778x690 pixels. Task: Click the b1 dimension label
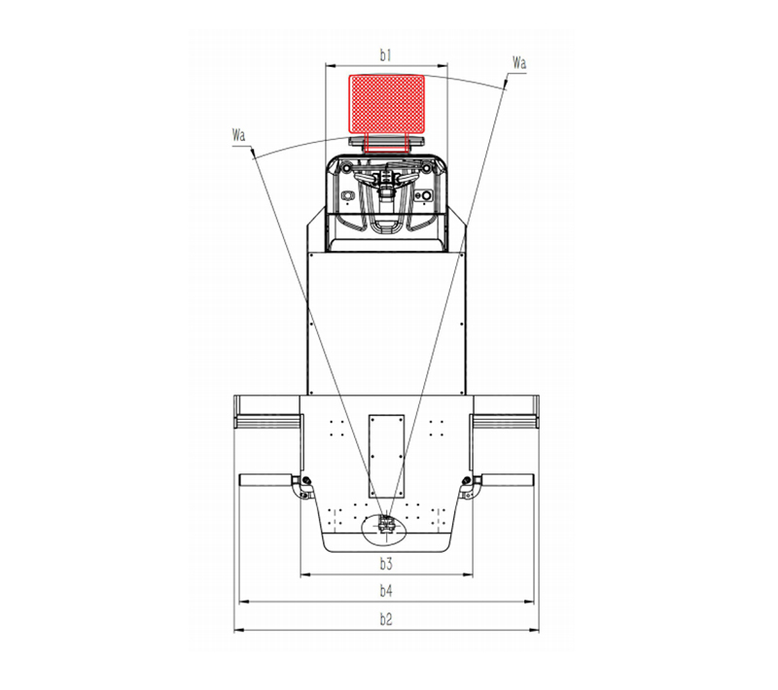pos(386,56)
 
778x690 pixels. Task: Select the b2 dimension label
pos(385,619)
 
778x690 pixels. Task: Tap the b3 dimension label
pos(385,564)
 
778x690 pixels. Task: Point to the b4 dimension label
pos(385,590)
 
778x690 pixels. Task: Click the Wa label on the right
pos(519,63)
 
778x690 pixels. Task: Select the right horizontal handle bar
pos(507,480)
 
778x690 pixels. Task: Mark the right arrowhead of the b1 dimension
pos(446,67)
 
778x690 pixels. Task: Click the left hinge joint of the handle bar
pos(304,483)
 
